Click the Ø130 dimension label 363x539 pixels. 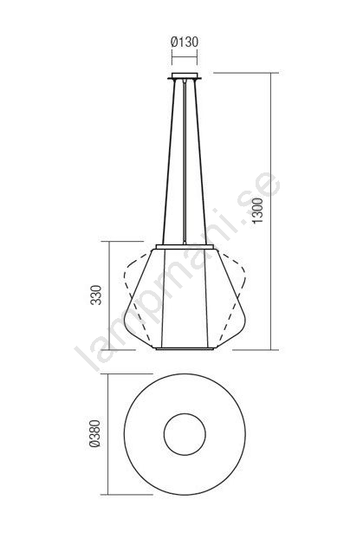185,42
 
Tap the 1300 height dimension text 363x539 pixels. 257,211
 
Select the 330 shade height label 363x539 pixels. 96,295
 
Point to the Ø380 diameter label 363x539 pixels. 94,434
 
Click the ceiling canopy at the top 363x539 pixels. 185,76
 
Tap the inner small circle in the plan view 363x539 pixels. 185,434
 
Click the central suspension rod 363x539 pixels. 185,162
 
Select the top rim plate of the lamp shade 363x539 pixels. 185,247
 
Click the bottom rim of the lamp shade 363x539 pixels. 185,348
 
